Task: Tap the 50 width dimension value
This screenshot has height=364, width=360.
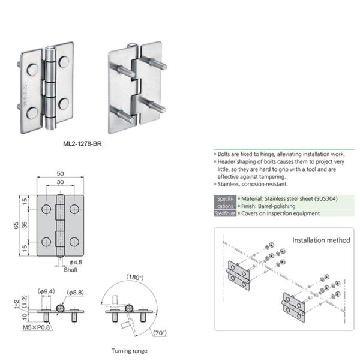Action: [x=60, y=175]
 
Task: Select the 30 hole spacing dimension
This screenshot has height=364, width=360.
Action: [x=60, y=183]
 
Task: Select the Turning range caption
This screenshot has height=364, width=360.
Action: [x=129, y=350]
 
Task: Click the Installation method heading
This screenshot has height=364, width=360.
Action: [x=321, y=240]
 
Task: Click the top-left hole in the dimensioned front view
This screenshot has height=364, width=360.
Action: [x=47, y=209]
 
